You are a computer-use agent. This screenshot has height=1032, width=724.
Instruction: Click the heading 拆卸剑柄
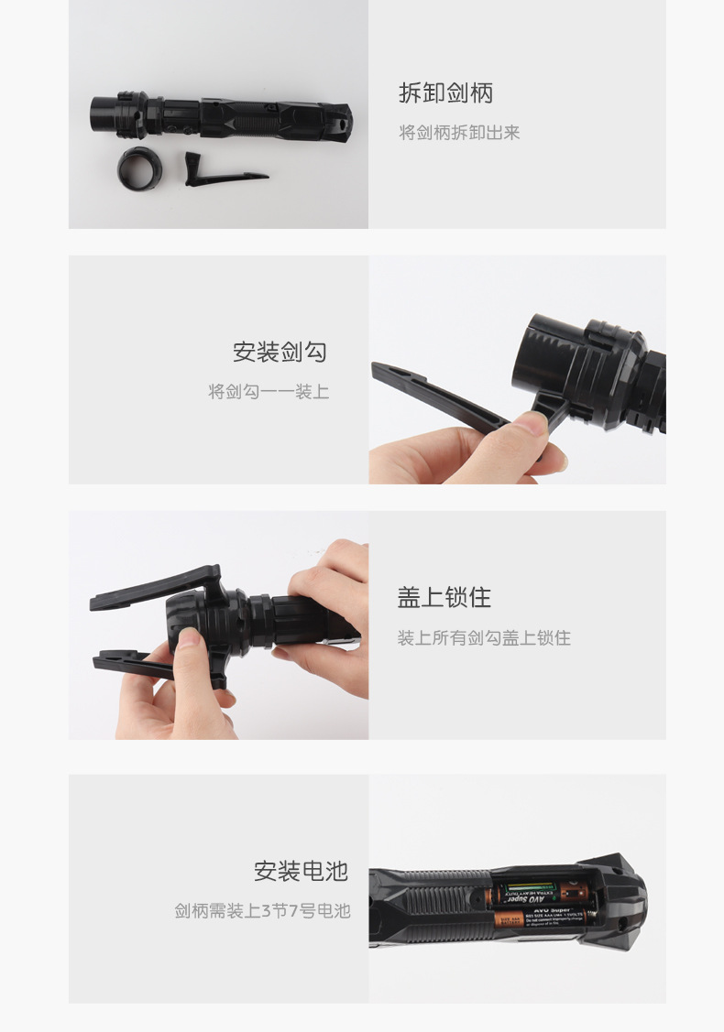click(x=445, y=92)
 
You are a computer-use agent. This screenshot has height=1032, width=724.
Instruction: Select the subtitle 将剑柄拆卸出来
click(x=459, y=133)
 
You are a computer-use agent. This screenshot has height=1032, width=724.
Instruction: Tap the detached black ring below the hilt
click(x=140, y=167)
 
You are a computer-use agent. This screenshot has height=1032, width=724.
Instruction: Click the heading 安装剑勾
click(x=280, y=352)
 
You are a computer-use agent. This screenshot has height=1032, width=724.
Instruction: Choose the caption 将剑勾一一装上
click(x=269, y=392)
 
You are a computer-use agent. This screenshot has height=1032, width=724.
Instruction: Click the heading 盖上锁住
click(x=444, y=598)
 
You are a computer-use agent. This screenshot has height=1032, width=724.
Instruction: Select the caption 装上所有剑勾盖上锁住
click(x=484, y=638)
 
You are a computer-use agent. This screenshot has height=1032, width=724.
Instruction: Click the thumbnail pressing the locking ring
click(x=189, y=638)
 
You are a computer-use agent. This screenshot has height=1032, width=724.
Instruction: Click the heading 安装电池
click(x=302, y=871)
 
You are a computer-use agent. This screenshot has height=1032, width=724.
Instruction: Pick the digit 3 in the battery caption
click(x=267, y=911)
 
